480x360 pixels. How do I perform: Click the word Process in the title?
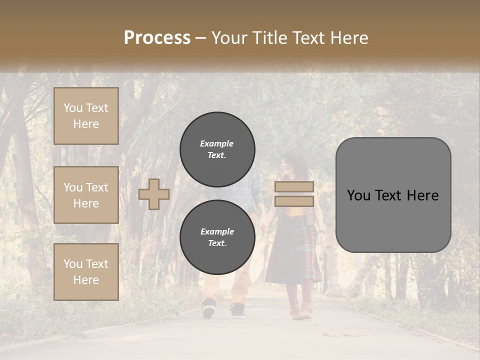pos(157,38)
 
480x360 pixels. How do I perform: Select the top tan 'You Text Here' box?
pos(86,116)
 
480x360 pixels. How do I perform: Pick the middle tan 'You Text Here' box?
pos(86,195)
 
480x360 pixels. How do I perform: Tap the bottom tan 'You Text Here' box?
pos(86,272)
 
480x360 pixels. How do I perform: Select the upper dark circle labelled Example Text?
pos(217,149)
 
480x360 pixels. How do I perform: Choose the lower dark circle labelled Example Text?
pos(217,237)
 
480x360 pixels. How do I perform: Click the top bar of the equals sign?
pos(294,187)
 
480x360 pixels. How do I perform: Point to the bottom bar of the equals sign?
pos(294,201)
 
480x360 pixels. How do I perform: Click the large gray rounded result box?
pos(393,195)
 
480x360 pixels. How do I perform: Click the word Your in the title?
pos(230,38)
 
